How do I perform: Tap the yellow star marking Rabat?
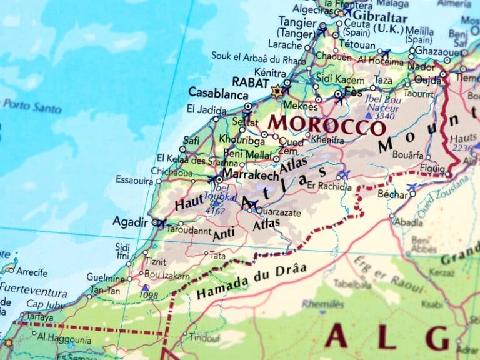coord(277,92)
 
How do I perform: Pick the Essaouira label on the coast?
coord(134,180)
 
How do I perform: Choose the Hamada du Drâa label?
coord(251,281)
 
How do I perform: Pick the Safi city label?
coord(191,141)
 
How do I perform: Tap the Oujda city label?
coord(429,80)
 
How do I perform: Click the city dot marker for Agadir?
coord(155,222)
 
